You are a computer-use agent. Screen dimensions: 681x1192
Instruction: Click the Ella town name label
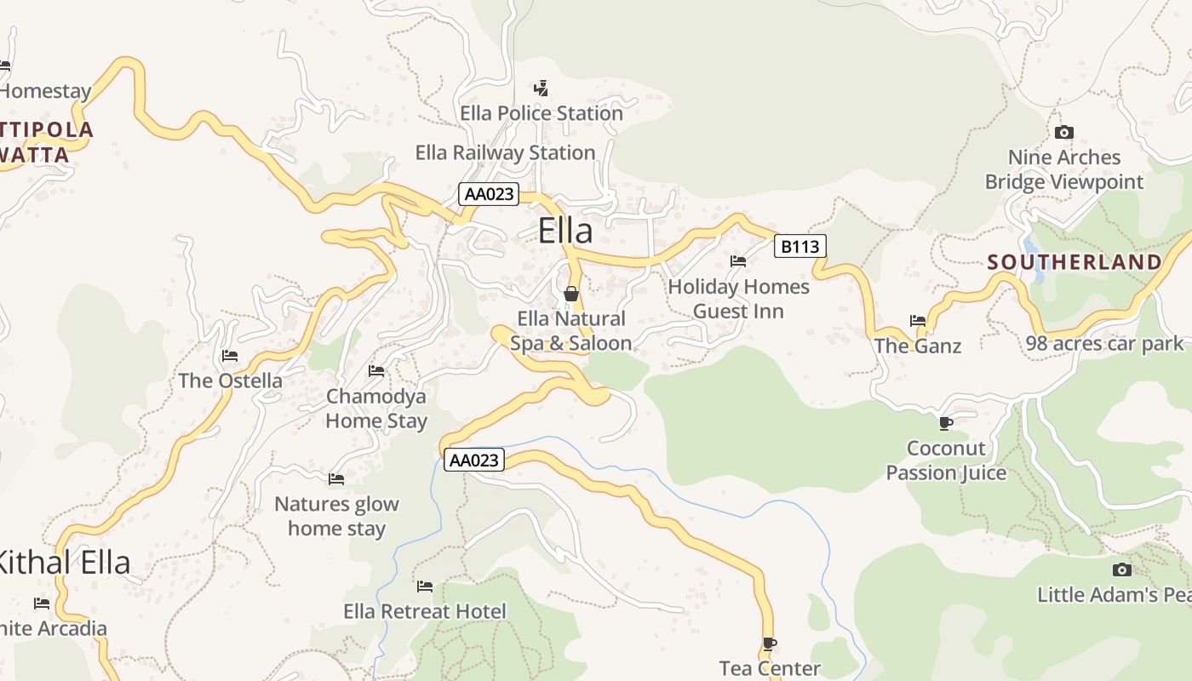[565, 232]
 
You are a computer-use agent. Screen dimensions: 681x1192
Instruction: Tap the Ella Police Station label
[542, 113]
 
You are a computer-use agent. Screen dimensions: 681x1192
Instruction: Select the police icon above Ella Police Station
[541, 88]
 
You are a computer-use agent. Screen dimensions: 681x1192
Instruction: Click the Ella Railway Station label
[505, 153]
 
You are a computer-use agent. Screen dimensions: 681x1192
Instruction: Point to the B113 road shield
[800, 247]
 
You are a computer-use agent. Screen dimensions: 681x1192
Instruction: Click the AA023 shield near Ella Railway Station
[489, 194]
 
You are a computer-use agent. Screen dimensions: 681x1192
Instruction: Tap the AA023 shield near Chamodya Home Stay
[474, 461]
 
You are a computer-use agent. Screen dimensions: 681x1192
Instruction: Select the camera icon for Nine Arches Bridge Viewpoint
[1063, 132]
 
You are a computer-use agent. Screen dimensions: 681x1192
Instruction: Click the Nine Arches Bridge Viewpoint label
[1064, 169]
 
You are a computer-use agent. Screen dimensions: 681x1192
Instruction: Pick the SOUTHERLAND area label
[1075, 262]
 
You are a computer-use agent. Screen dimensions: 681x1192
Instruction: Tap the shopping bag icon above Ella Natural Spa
[571, 294]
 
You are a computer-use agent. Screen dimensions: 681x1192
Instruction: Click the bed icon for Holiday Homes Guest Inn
[738, 261]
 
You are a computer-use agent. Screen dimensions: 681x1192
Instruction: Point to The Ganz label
[917, 346]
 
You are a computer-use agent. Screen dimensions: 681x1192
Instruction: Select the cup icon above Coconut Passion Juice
[945, 423]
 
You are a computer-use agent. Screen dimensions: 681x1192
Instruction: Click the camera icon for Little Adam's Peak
[1122, 569]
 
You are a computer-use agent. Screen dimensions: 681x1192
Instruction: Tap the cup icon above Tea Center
[770, 644]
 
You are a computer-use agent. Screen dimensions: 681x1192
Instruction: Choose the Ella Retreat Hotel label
[424, 611]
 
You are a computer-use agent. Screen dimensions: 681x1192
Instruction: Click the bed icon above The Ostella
[230, 355]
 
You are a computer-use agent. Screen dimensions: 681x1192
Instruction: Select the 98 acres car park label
[1104, 344]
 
